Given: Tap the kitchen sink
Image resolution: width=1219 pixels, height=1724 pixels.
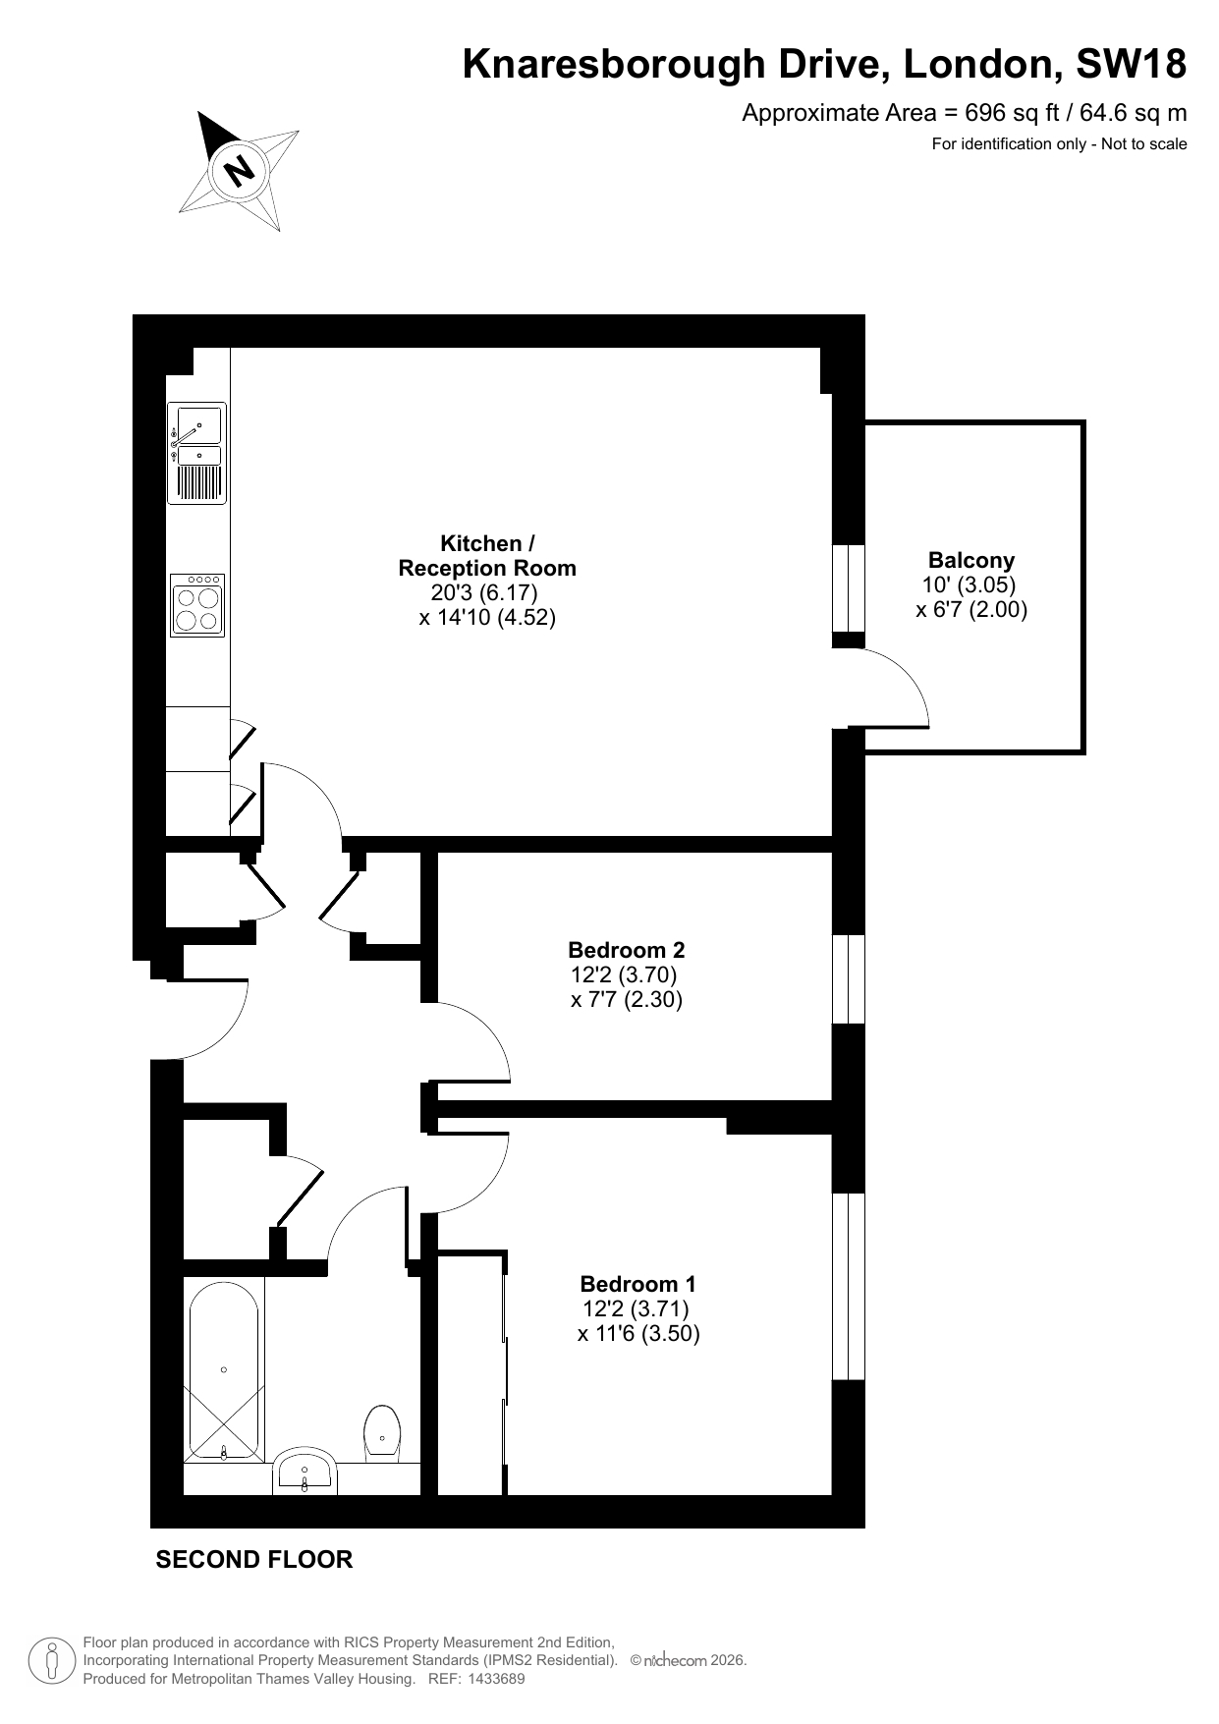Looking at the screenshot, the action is pos(196,453).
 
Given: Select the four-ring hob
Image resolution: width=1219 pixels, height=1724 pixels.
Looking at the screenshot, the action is pos(196,605).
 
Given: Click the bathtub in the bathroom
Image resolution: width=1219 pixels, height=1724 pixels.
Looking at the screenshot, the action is pos(224,1370).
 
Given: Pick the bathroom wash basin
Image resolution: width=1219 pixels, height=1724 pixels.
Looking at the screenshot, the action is pos(305,1471).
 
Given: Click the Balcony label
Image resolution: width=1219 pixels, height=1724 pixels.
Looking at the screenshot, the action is pos(971,560).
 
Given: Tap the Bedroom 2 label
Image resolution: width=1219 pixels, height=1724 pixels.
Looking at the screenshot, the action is pos(627,950).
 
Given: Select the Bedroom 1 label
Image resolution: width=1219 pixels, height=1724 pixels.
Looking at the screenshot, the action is pos(638,1284).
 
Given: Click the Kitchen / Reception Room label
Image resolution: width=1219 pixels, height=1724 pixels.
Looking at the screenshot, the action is pos(487,555).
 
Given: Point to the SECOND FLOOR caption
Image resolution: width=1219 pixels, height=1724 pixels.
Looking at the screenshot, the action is pos(254,1559).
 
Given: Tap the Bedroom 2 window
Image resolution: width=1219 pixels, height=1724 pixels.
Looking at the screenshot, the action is pos(849,979).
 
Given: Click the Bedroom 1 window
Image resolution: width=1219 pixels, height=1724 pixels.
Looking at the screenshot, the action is pos(849,1287).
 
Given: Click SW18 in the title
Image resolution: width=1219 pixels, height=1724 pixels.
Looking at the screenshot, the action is pos(1132,64).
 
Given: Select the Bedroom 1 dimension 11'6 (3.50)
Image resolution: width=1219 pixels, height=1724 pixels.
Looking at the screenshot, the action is pos(638,1333).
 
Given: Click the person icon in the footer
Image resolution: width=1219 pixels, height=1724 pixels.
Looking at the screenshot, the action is pos(53,1661).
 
